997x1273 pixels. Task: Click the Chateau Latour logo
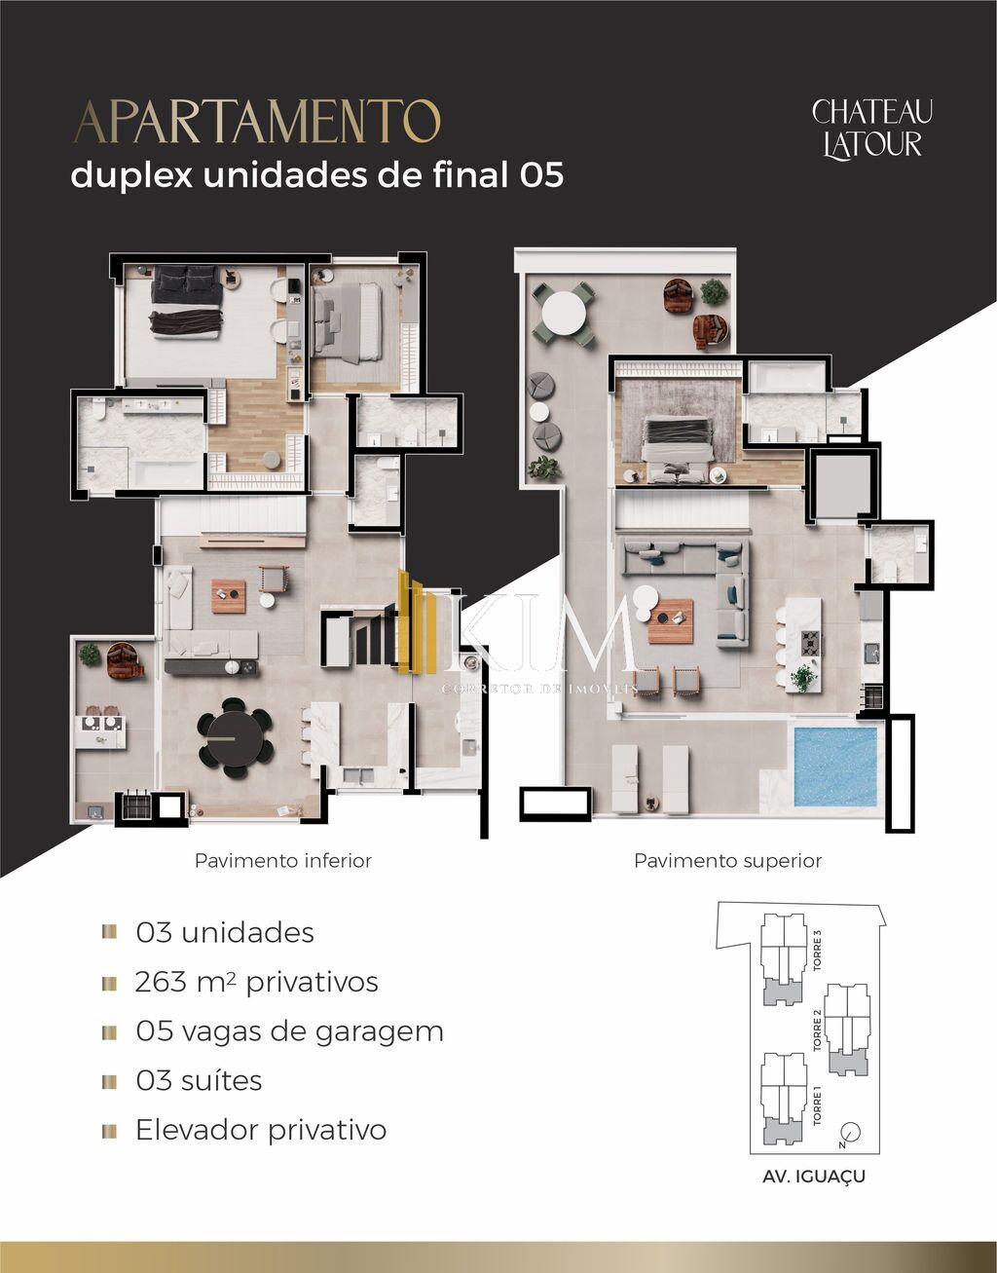tap(871, 128)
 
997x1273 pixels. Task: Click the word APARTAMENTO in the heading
tap(257, 123)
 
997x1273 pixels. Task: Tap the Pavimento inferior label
tap(282, 861)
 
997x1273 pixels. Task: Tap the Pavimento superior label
tap(727, 861)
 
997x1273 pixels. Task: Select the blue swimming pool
tap(836, 766)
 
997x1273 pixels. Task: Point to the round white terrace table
tap(564, 314)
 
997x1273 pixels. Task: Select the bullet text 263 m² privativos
tap(256, 982)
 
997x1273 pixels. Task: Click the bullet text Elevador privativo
tap(260, 1130)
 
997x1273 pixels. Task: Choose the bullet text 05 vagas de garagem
tap(289, 1031)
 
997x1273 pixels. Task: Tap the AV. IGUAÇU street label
tap(814, 1177)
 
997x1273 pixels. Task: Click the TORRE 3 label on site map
tap(818, 951)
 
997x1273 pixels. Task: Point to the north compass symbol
tap(850, 1133)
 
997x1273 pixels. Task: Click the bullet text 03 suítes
tap(199, 1081)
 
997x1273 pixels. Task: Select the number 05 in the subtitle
tap(541, 175)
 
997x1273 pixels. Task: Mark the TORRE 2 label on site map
tap(818, 1030)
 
